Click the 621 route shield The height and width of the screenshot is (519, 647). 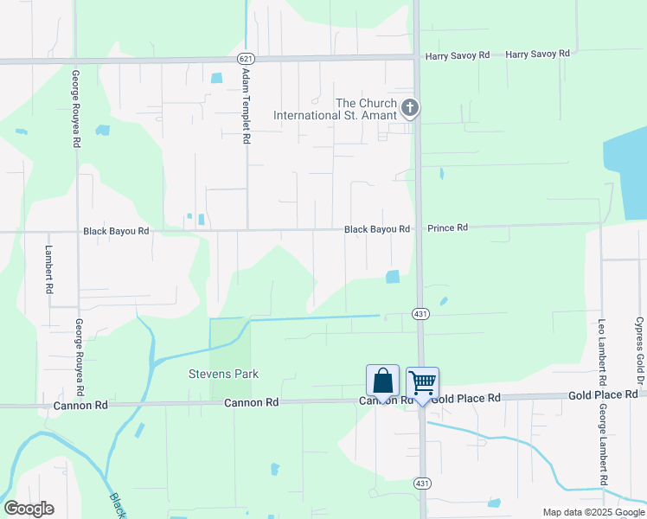click(247, 58)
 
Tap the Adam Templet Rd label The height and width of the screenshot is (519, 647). click(247, 107)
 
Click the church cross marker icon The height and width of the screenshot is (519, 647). click(410, 108)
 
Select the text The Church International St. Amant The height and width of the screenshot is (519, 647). click(336, 109)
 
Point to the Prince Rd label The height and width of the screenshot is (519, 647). click(447, 228)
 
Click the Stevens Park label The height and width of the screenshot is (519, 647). click(224, 375)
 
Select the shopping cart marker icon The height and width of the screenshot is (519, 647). click(422, 382)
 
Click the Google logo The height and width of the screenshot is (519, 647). click(29, 509)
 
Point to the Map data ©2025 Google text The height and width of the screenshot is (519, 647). click(593, 512)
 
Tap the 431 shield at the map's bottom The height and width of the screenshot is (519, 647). click(420, 483)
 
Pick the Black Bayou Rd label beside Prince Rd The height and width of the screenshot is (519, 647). click(377, 229)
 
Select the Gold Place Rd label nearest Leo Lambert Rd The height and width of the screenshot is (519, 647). click(603, 395)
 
